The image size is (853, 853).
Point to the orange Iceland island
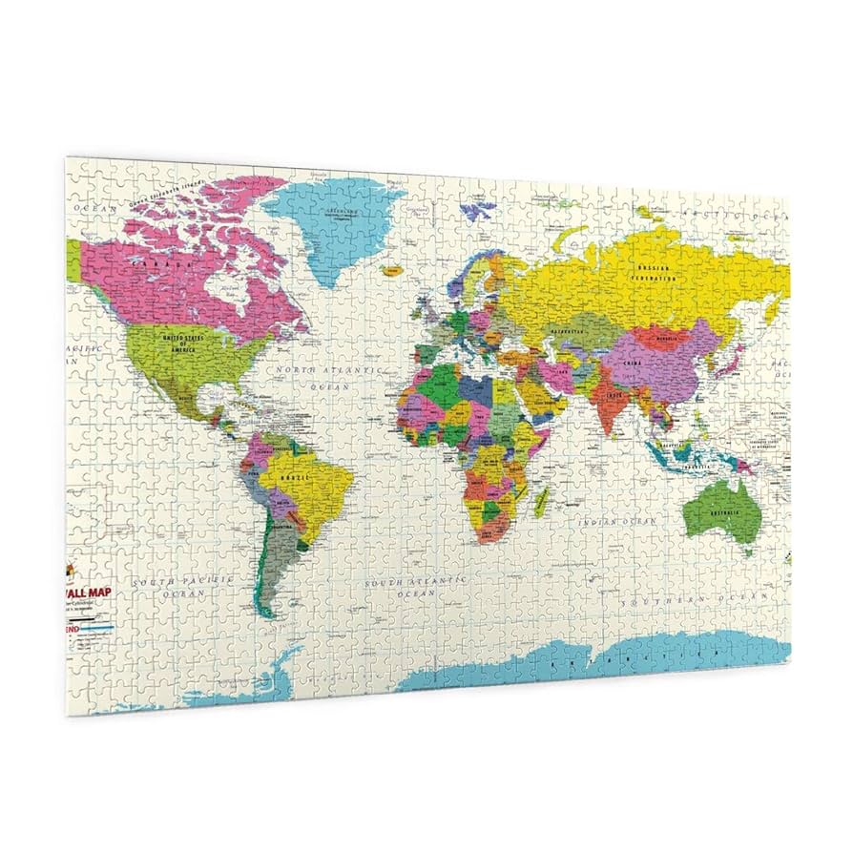(391, 270)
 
